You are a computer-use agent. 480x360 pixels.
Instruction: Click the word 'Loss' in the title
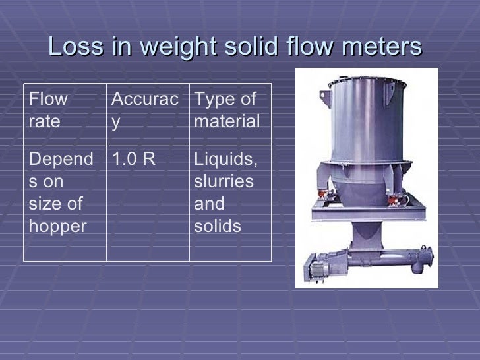(71, 47)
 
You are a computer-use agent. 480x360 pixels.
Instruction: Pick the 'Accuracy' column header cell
(144, 111)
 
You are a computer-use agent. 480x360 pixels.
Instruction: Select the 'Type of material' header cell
(227, 111)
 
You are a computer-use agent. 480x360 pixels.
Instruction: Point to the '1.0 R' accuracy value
(133, 159)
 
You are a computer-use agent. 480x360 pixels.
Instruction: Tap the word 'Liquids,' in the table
(225, 159)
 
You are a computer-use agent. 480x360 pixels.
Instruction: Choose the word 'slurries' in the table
(223, 181)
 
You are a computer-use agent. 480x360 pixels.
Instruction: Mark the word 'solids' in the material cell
(217, 226)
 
